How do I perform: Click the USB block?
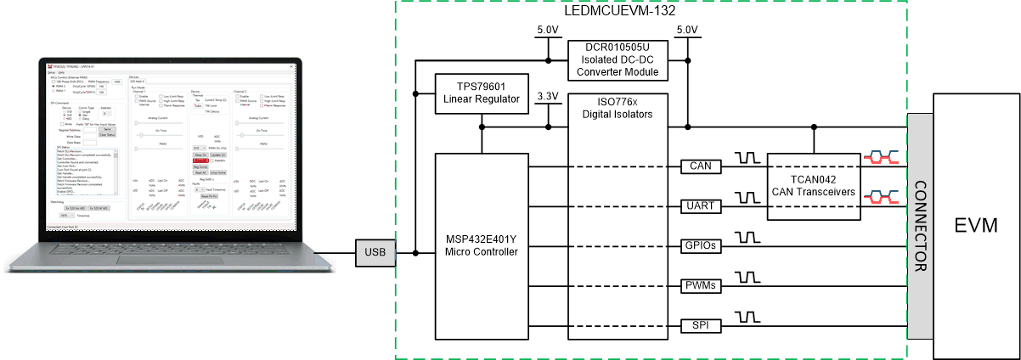(x=375, y=252)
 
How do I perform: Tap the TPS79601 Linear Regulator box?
(x=481, y=93)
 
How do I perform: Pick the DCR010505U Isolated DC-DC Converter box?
(x=618, y=59)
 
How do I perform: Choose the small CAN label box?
(x=702, y=166)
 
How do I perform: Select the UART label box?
(x=702, y=206)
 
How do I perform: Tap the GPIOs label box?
(x=702, y=246)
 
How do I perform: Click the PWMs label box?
(x=702, y=286)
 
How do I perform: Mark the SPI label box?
(x=702, y=326)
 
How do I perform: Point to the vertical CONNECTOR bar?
(x=919, y=225)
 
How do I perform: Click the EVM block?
(x=976, y=226)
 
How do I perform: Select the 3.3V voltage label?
(x=548, y=96)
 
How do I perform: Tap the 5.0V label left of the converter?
(x=548, y=30)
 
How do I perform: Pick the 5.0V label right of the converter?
(x=686, y=30)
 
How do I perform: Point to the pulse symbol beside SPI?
(x=747, y=318)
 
